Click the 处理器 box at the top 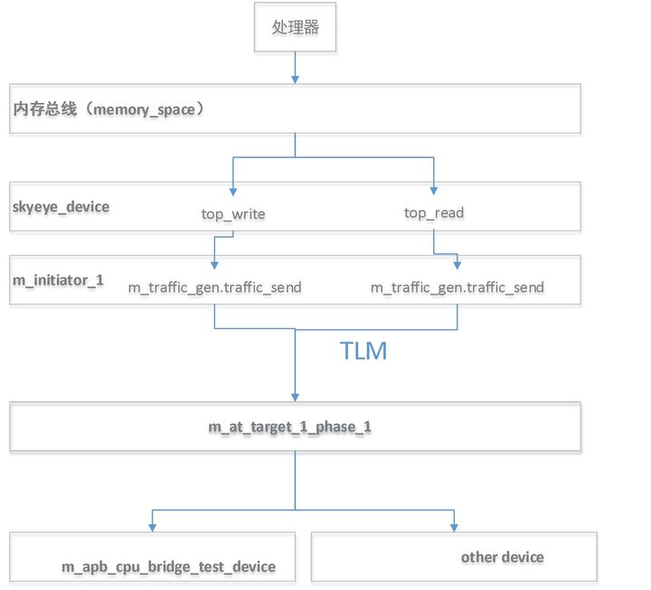point(295,28)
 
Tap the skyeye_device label point(61,206)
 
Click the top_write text point(234,214)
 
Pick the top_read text point(434,213)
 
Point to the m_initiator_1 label point(58,280)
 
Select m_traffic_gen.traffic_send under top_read point(458,287)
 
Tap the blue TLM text point(363,351)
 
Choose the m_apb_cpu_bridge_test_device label point(168,567)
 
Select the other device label point(502,557)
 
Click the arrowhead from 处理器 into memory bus point(295,79)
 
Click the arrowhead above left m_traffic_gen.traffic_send point(213,266)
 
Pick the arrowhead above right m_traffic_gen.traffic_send point(458,266)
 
